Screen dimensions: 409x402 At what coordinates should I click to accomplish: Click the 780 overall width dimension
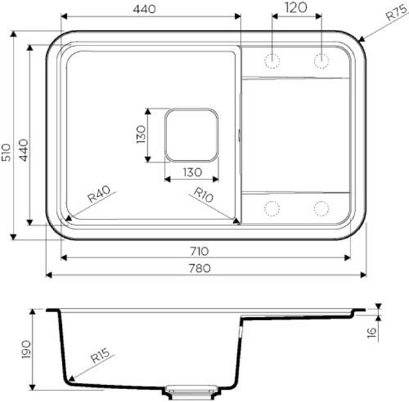coord(200,268)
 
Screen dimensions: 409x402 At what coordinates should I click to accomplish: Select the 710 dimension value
coord(199,251)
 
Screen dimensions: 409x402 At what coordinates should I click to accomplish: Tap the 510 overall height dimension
coord(5,152)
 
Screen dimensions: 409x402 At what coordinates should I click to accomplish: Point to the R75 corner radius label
coord(396,13)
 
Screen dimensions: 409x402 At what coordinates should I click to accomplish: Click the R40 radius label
coord(100,194)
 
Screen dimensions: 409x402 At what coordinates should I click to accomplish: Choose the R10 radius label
coord(203,195)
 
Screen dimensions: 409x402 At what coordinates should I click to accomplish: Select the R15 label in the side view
coord(100,356)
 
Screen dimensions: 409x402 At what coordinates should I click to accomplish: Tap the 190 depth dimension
coord(27,350)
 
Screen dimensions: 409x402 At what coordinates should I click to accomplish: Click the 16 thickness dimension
coord(372,333)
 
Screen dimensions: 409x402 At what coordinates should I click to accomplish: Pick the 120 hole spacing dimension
coord(296,7)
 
